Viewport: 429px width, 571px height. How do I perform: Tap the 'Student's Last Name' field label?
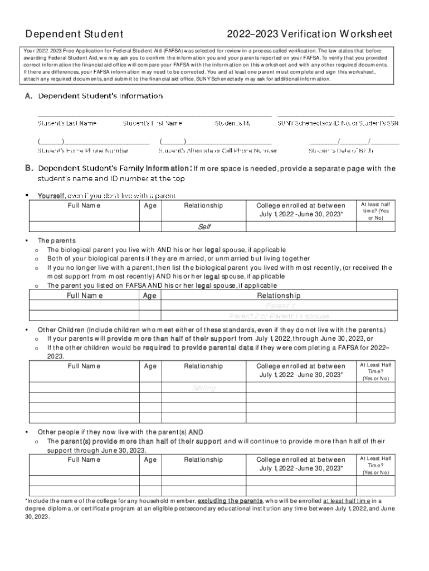(67, 123)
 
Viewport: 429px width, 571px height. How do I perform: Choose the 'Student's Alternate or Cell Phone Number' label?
(218, 150)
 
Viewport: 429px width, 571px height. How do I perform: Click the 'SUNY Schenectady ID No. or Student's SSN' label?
(338, 123)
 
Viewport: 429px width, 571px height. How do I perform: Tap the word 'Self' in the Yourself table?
(204, 227)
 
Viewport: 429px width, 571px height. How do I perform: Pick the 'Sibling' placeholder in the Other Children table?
(204, 388)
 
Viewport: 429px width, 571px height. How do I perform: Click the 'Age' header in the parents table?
(149, 296)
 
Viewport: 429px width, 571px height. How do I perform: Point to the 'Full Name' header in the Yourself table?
(84, 206)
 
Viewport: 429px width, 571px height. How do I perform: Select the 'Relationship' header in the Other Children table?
(203, 366)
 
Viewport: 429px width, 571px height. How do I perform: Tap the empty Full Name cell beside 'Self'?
(84, 227)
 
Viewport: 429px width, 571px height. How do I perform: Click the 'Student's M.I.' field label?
(233, 123)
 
